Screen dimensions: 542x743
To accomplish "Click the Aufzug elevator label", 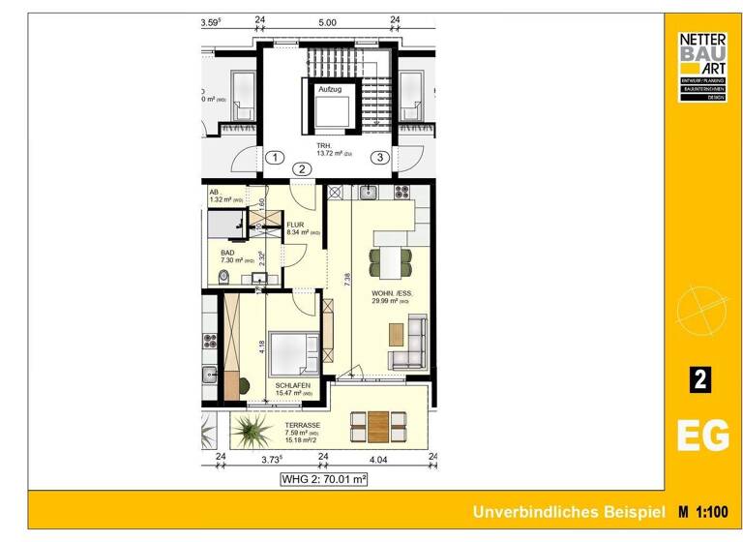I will (x=330, y=88).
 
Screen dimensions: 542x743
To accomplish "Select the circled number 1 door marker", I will (x=275, y=158).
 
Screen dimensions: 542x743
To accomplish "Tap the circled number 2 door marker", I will (x=303, y=168).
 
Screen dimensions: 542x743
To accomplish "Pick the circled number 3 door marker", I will (x=381, y=158).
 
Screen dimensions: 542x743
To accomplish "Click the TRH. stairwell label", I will (x=324, y=146).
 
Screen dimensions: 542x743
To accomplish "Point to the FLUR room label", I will (x=295, y=225).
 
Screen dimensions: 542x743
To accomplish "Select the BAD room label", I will (x=228, y=253).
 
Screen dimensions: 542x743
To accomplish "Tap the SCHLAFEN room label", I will (x=291, y=384).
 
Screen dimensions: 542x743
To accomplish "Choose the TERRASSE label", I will (x=304, y=426).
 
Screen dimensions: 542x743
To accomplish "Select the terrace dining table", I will (x=379, y=423).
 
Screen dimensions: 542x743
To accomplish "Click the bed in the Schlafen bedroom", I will (x=292, y=354).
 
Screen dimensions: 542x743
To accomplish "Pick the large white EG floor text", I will (x=702, y=437).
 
